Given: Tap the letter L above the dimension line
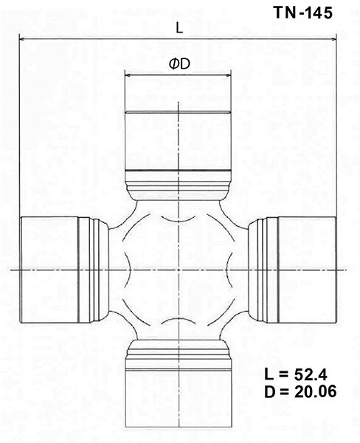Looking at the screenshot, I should (179, 28).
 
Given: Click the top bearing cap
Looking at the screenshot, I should (179, 140).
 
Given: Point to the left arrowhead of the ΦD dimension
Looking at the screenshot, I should (127, 75).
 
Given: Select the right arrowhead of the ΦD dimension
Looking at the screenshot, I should (232, 75).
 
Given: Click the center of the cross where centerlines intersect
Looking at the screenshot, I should (179, 271).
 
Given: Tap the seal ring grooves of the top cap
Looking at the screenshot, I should (179, 182).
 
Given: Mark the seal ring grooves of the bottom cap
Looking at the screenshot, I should (179, 353).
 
